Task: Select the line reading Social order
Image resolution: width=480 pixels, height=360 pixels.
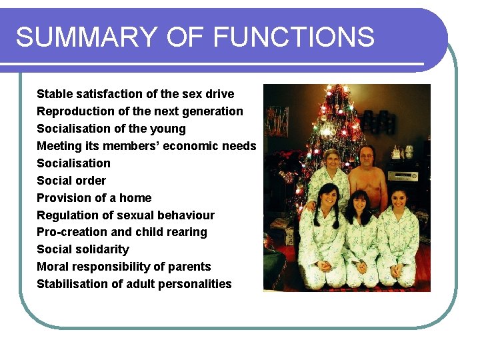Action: tap(71, 181)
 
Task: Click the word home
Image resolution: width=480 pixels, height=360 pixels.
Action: tap(135, 198)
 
